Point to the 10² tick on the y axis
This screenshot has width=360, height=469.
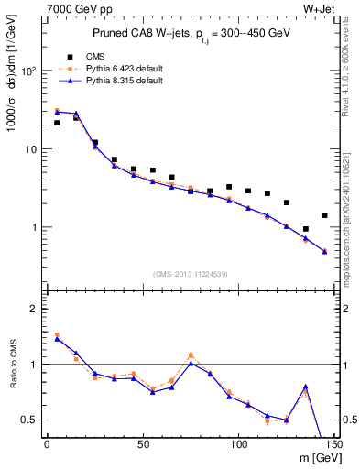click(32, 71)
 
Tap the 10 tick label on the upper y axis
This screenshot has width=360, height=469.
click(34, 148)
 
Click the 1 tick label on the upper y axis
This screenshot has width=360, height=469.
click(38, 227)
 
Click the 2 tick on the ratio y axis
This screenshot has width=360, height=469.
click(38, 309)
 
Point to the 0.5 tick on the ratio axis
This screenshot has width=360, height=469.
click(33, 420)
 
